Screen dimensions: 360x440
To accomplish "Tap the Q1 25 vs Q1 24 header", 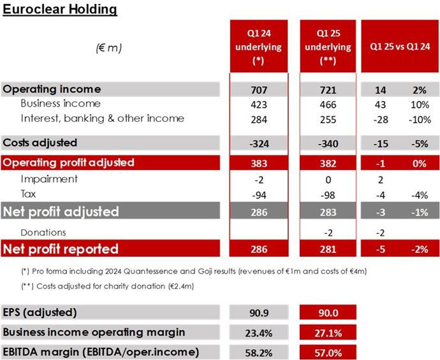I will click(399, 47).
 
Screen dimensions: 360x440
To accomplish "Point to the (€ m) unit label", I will click(109, 48).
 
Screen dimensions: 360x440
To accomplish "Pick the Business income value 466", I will click(328, 104).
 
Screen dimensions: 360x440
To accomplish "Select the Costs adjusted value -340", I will click(328, 143).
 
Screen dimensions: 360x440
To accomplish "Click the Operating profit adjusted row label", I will click(69, 162).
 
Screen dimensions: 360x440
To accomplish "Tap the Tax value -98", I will click(328, 194).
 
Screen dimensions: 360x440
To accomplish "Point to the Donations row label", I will click(43, 233).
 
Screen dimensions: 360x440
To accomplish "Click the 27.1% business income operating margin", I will click(328, 332).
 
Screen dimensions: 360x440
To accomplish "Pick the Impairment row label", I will click(49, 179).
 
